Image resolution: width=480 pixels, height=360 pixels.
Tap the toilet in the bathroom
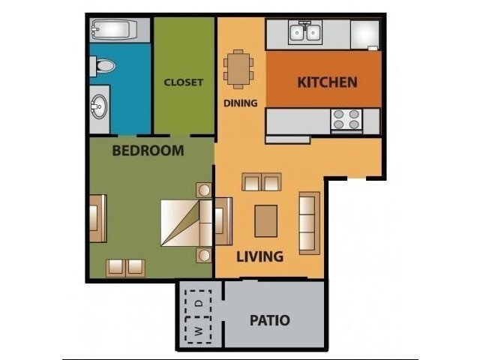(x=104, y=67)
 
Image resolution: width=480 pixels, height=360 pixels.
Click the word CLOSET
(x=184, y=82)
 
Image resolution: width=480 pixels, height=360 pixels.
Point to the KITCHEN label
(x=327, y=82)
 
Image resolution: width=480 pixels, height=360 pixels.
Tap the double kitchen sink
(x=306, y=32)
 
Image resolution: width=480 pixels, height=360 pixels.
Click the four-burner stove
(x=346, y=120)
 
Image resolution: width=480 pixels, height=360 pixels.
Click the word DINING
(x=240, y=103)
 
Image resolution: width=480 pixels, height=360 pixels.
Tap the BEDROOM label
(x=148, y=151)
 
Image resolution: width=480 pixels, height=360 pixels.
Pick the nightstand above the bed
(x=203, y=189)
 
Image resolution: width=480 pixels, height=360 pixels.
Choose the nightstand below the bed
(x=203, y=256)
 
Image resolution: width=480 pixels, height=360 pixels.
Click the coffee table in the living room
(x=265, y=220)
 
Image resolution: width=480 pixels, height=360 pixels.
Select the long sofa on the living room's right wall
(x=309, y=223)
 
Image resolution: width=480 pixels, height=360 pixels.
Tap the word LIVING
(x=259, y=256)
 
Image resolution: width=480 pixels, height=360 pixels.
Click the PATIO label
(x=269, y=320)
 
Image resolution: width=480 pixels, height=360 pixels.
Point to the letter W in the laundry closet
(x=199, y=331)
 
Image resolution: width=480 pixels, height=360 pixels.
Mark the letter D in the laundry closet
(x=199, y=303)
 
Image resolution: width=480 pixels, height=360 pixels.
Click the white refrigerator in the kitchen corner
(x=364, y=34)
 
